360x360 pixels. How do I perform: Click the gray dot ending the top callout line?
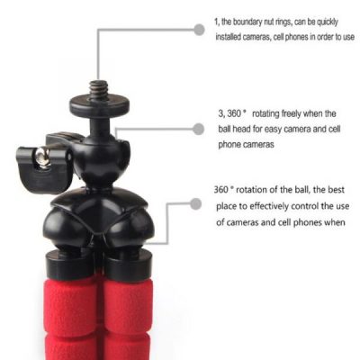click(x=199, y=30)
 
